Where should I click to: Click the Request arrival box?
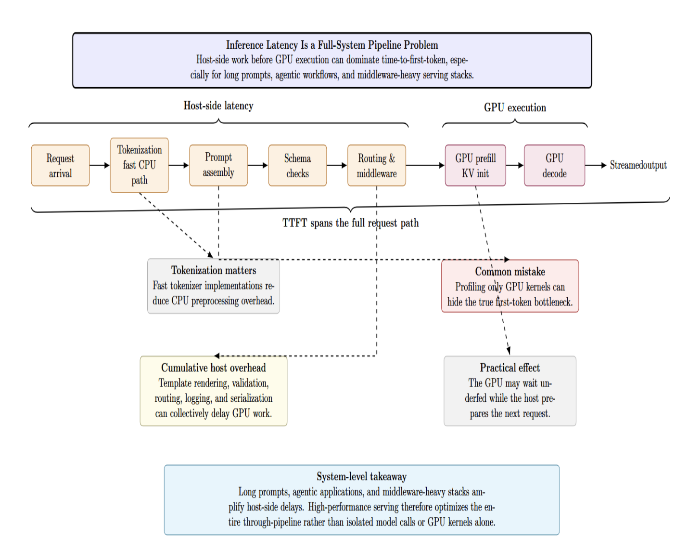60,165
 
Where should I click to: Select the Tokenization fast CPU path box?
140,165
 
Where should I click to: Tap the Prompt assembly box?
218,165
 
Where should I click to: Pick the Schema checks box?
297,165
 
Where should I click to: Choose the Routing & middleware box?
376,165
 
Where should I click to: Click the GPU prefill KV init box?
475,165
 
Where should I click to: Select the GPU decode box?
554,165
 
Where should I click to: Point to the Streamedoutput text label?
638,165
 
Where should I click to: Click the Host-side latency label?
218,106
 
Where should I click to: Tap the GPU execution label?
515,107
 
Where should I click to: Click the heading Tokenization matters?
214,270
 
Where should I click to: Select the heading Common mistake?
510,272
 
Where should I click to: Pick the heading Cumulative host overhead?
214,368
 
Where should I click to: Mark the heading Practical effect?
510,368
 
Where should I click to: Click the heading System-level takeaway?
361,477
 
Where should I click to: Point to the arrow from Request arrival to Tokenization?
100,165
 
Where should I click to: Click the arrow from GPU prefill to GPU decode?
515,165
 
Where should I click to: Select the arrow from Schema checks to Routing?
337,165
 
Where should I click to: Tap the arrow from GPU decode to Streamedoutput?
596,165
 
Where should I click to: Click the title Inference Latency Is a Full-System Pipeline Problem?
332,45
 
